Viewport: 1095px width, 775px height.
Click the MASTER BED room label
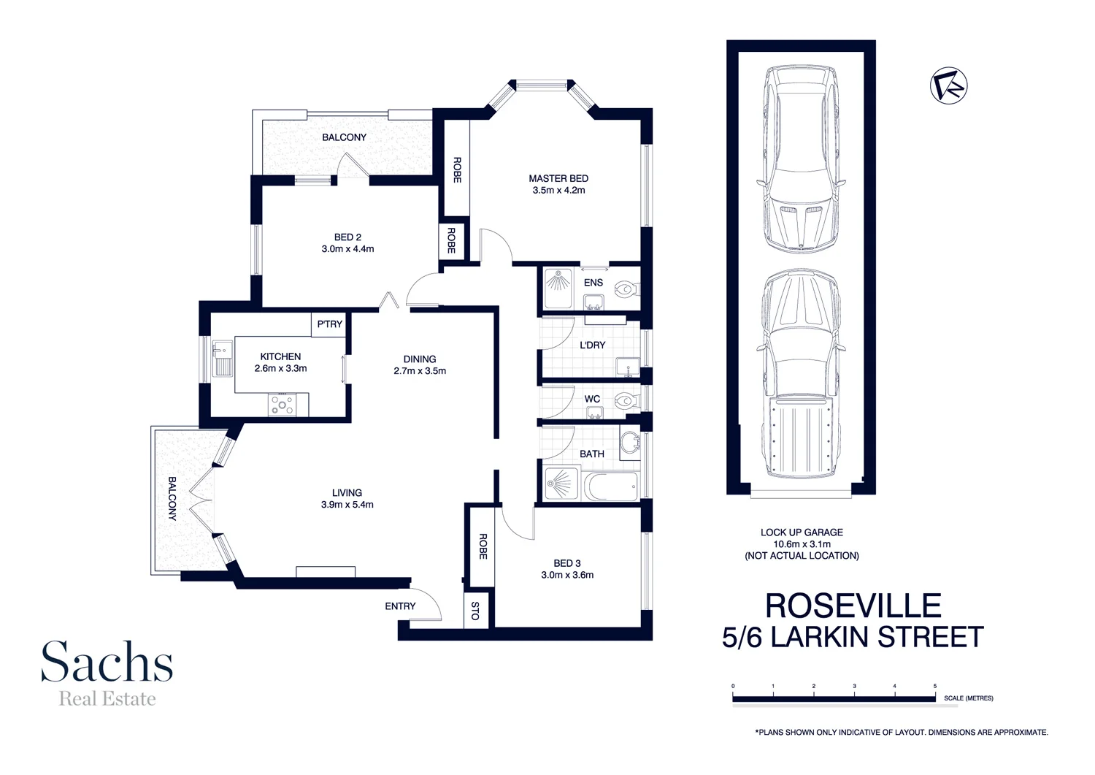point(558,178)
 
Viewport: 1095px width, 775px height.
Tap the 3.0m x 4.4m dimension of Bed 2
point(347,249)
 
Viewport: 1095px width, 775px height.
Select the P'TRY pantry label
point(329,324)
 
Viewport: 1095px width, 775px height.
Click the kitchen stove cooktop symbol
point(283,405)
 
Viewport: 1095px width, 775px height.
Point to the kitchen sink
point(222,358)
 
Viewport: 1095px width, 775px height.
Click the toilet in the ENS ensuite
point(626,290)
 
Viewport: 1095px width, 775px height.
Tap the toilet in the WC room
point(624,400)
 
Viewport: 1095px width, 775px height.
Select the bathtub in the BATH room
point(610,486)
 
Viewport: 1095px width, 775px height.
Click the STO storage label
point(475,611)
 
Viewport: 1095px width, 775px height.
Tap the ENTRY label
point(400,606)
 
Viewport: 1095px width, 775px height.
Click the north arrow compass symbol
point(948,85)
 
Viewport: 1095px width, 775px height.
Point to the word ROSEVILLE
point(853,606)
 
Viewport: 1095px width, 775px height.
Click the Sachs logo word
point(107,662)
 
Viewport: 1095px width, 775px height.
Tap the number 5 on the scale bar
point(934,687)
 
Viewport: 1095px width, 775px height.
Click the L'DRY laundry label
point(592,345)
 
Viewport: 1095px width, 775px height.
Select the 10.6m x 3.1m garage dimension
point(802,544)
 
